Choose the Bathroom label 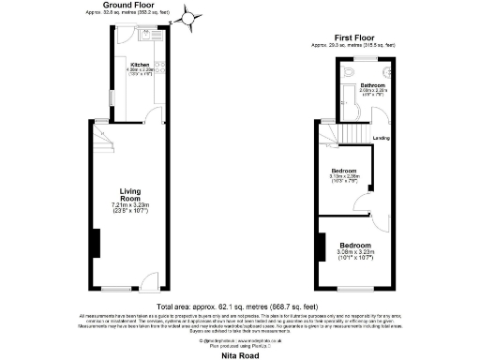[373, 85]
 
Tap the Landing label [382, 139]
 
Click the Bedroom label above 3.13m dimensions [345, 171]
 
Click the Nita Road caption [240, 354]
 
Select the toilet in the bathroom [349, 72]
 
